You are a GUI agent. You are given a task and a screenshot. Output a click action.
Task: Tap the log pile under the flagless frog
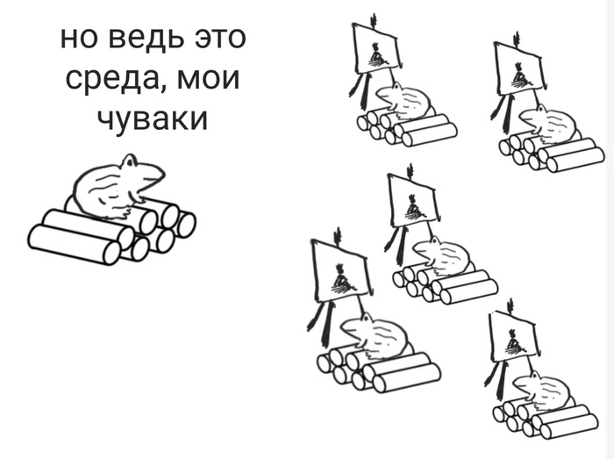coord(110,233)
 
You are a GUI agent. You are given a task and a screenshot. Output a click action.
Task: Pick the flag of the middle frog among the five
coord(412,202)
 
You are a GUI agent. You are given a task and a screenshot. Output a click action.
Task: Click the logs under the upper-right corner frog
coord(553,153)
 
